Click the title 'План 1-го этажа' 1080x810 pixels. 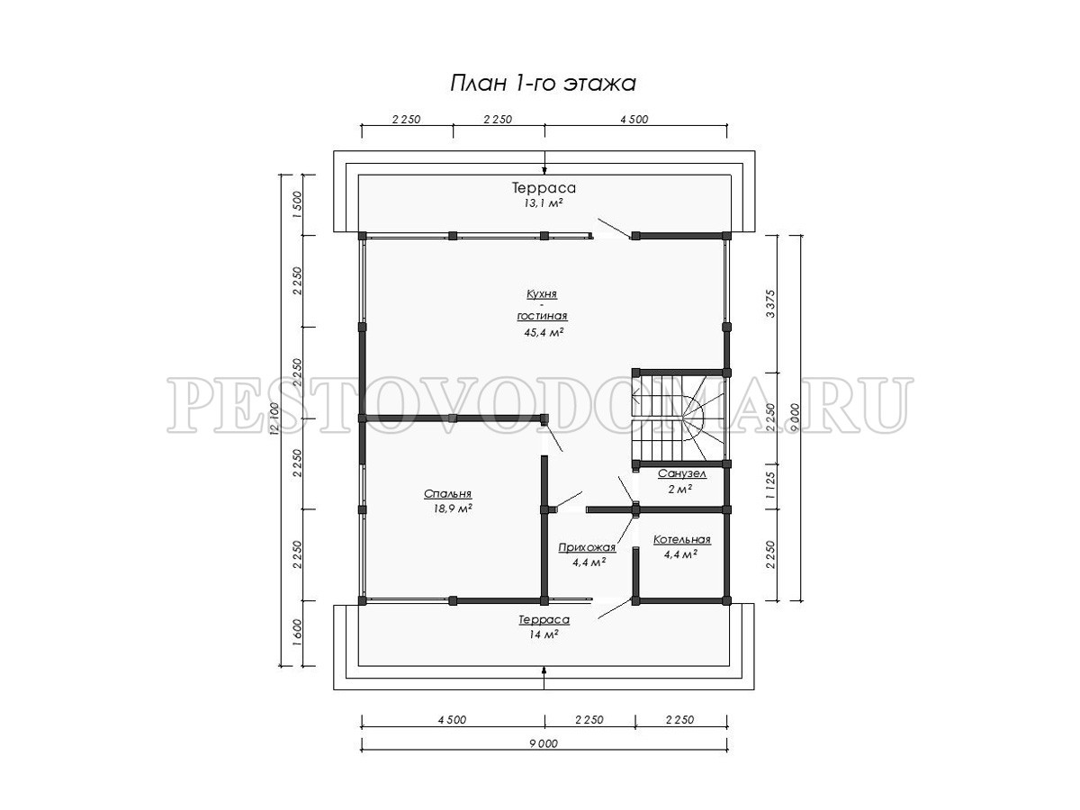tap(543, 84)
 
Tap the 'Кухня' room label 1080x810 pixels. tap(542, 294)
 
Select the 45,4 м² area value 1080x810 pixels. tap(544, 332)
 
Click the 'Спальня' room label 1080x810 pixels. tap(447, 494)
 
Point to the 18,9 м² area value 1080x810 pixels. tap(453, 508)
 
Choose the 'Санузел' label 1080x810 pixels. tap(682, 473)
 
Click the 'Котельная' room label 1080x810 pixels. tap(682, 539)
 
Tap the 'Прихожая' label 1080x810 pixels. tap(587, 547)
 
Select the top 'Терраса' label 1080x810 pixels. tap(544, 188)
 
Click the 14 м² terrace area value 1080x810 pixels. tap(544, 634)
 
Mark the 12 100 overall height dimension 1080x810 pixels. tap(274, 419)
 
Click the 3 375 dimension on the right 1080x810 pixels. tap(770, 303)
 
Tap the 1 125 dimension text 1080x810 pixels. tap(770, 486)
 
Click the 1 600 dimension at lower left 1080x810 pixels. tap(296, 634)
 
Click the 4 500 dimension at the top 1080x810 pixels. tap(634, 119)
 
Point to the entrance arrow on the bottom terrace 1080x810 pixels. tap(544, 677)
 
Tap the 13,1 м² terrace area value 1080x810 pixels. tap(544, 203)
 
